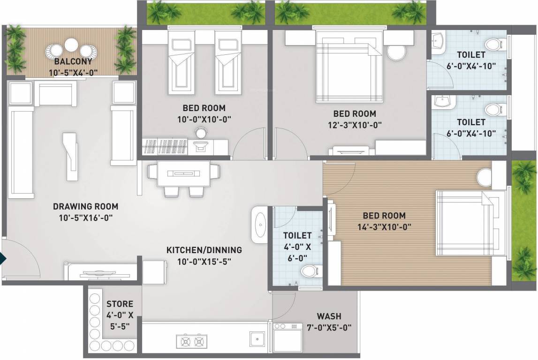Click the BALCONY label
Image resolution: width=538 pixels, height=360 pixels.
point(73,62)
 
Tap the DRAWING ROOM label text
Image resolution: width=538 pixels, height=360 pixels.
point(85,206)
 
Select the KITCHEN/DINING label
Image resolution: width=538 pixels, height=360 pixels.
point(204,250)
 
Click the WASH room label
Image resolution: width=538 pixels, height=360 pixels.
point(329,316)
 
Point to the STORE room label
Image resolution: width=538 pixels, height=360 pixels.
point(120,304)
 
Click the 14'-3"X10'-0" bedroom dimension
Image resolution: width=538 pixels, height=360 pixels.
point(385,227)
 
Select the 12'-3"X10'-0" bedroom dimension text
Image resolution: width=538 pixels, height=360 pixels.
point(355,125)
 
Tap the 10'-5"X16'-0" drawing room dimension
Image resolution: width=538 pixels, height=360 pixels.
point(85,217)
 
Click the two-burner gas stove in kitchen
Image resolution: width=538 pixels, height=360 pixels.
point(191,340)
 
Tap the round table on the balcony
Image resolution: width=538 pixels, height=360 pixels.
point(71,45)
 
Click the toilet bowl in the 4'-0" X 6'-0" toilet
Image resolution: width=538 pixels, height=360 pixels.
point(310,270)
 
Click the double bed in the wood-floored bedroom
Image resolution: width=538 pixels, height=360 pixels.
point(469,223)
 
